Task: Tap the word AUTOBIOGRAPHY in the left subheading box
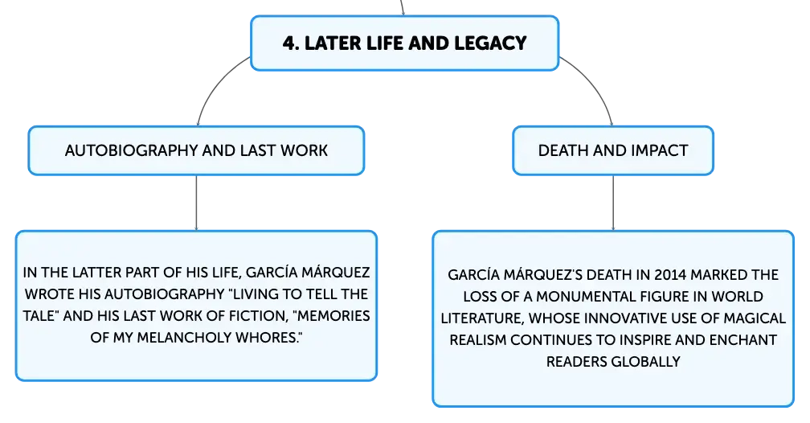(131, 150)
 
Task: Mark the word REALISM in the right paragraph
(478, 339)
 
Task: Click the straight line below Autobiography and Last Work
(196, 203)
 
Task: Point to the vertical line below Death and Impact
(613, 203)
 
